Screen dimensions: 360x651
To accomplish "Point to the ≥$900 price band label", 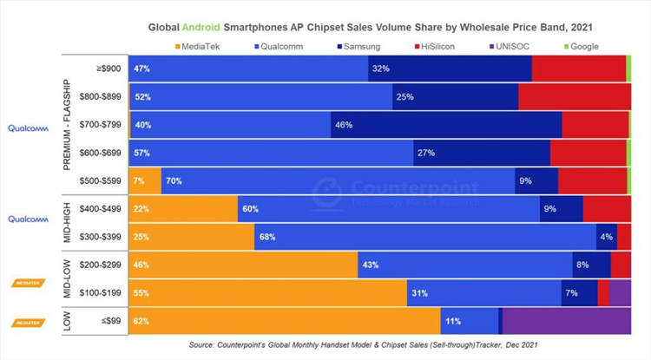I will pyautogui.click(x=110, y=68).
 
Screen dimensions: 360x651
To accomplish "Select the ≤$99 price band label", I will pyautogui.click(x=111, y=321).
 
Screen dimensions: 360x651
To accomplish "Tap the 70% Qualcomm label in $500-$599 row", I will pyautogui.click(x=174, y=180).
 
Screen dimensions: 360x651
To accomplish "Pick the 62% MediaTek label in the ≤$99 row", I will pyautogui.click(x=141, y=321).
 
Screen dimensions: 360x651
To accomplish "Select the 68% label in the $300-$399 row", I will pyautogui.click(x=266, y=237).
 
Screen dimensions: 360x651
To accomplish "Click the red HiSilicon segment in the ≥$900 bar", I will pyautogui.click(x=578, y=68).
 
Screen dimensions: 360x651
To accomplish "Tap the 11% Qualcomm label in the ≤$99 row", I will pyautogui.click(x=452, y=321).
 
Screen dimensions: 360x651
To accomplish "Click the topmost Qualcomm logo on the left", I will pyautogui.click(x=29, y=128).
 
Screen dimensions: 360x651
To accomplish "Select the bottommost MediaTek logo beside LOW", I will pyautogui.click(x=28, y=322).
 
